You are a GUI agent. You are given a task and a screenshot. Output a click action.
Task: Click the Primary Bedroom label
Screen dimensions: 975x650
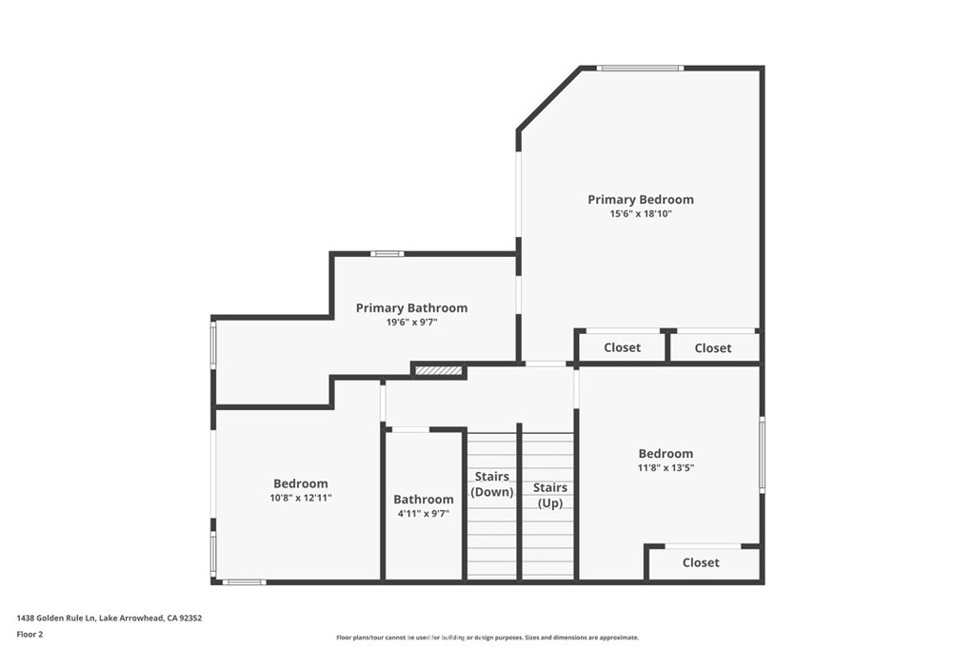click(641, 200)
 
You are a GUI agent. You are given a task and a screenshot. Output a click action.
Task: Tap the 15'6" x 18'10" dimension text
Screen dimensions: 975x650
click(641, 214)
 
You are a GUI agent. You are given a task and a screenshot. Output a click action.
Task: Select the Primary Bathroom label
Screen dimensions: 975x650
click(411, 307)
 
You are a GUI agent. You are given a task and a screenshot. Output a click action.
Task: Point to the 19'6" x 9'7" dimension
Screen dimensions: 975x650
click(411, 322)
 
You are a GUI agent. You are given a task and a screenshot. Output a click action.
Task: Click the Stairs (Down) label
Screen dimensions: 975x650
click(492, 484)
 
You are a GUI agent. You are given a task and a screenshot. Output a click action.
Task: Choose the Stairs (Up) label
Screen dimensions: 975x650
click(550, 495)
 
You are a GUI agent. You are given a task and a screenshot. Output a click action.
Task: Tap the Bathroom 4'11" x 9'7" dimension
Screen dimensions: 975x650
click(424, 513)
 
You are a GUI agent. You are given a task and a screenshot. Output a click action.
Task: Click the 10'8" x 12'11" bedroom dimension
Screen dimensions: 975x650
click(301, 498)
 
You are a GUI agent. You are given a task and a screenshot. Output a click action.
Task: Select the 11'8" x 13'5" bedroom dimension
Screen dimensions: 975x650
click(666, 468)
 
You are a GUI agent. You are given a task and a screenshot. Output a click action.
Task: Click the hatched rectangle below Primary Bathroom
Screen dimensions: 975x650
click(439, 371)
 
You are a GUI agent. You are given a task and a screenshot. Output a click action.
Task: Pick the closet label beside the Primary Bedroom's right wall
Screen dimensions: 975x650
click(713, 348)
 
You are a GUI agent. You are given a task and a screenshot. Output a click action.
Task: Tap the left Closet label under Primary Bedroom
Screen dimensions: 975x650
click(623, 347)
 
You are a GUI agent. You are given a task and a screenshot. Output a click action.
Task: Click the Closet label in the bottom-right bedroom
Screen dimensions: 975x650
click(701, 562)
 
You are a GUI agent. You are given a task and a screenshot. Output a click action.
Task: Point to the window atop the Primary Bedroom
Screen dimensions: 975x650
click(641, 68)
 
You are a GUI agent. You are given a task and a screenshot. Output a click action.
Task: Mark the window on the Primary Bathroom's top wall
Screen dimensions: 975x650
click(388, 253)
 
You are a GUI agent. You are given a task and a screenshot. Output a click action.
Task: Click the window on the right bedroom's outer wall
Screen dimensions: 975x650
click(763, 456)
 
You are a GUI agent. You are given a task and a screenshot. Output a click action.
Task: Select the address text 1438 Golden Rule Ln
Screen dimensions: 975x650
click(56, 619)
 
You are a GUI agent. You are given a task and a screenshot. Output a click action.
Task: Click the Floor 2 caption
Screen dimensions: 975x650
click(30, 635)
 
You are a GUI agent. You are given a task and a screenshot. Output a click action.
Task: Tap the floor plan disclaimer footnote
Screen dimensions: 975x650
click(487, 638)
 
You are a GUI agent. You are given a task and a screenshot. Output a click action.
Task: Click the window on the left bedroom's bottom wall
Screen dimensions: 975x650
click(245, 582)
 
